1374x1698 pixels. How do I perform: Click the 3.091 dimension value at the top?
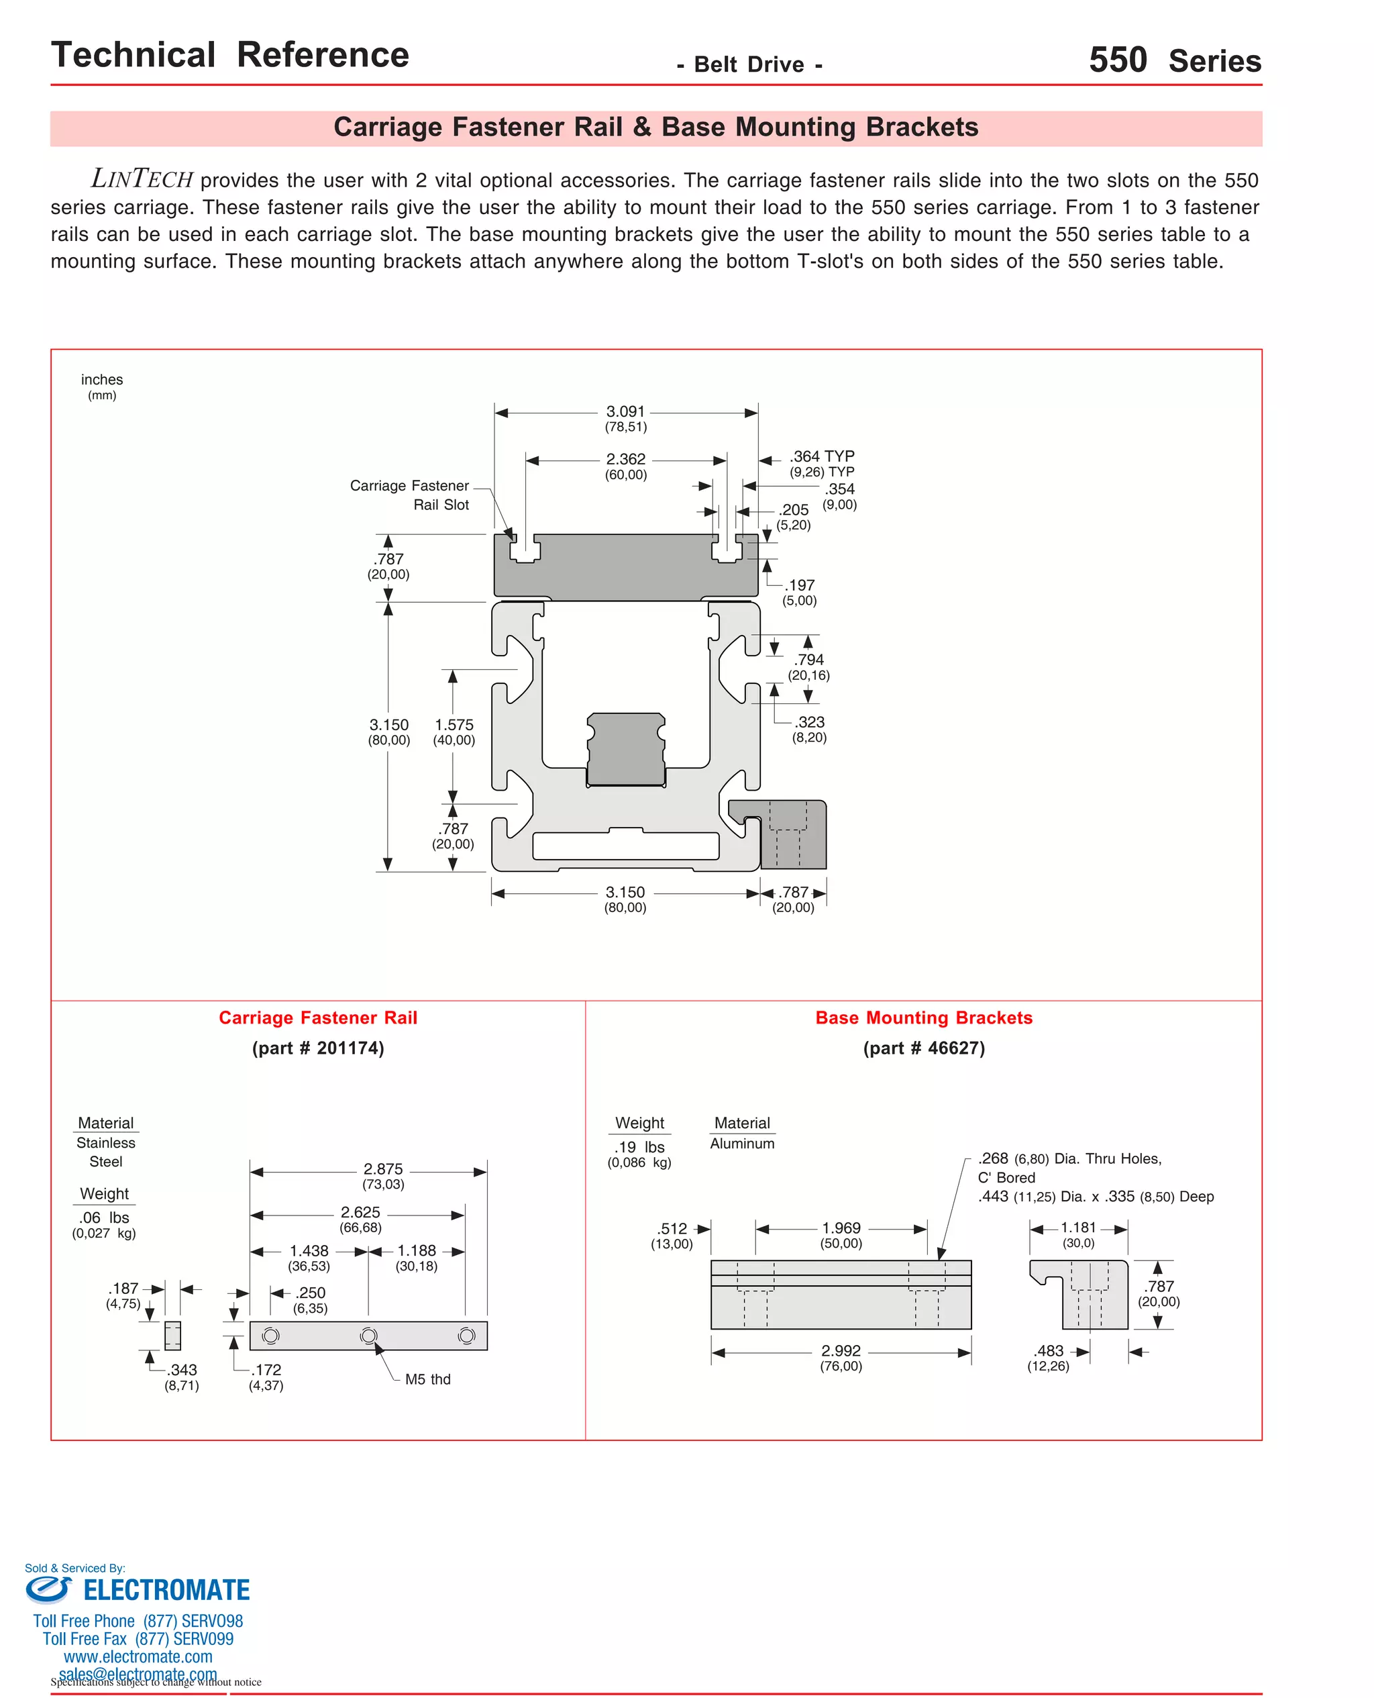625,411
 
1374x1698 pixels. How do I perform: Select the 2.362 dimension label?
625,459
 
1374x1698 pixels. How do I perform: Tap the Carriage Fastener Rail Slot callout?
409,495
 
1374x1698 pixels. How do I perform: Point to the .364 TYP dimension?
822,457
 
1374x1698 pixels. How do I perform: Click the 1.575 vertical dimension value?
454,725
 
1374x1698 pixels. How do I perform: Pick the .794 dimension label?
809,660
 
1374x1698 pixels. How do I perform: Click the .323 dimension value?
810,722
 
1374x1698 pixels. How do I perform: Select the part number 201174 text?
318,1048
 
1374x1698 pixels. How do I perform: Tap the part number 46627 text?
924,1048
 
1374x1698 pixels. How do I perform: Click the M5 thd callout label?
427,1379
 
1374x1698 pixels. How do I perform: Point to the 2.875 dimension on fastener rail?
383,1169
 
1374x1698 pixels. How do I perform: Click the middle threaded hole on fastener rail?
368,1336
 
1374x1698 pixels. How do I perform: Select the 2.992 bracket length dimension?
841,1350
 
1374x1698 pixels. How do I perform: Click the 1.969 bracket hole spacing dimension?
841,1228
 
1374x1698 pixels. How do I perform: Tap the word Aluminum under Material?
741,1143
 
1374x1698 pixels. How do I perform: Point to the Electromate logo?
138,1589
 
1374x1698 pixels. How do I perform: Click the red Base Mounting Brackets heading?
924,1018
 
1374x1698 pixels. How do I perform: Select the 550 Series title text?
1175,60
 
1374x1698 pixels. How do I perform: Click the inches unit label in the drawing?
102,380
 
